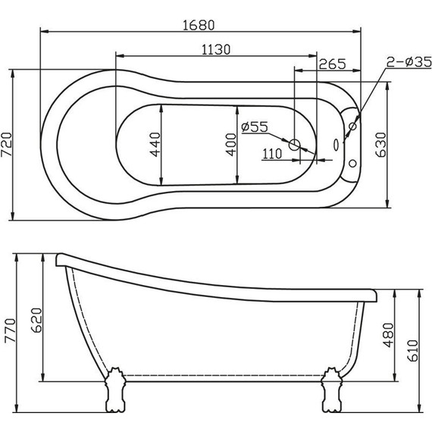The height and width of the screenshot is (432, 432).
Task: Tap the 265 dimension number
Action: tap(333, 64)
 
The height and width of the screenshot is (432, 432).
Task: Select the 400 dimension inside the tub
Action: tap(230, 144)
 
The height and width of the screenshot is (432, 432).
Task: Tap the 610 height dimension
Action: tap(412, 351)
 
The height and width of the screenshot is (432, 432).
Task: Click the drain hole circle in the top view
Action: tap(296, 147)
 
